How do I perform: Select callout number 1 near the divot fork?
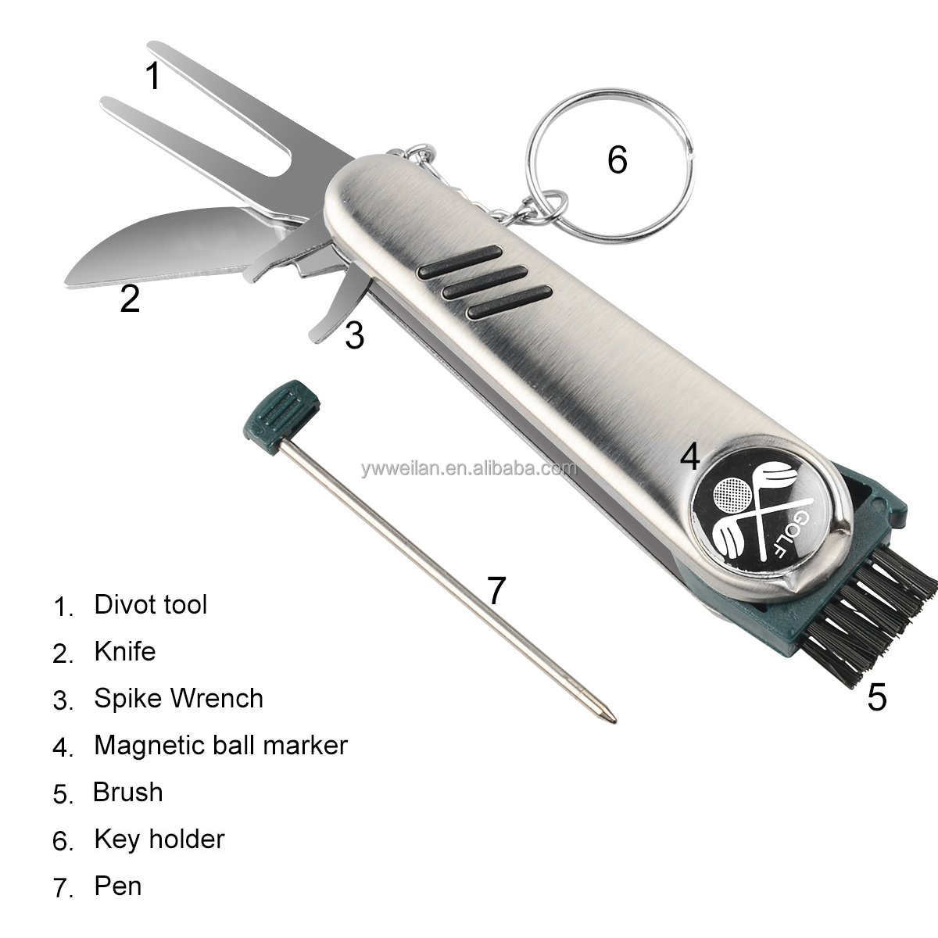(x=153, y=76)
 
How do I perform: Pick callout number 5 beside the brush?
(x=877, y=697)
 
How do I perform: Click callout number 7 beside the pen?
(x=496, y=590)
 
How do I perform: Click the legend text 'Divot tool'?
(x=150, y=604)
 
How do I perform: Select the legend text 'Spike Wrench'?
(x=179, y=699)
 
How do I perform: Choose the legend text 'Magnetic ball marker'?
(x=221, y=745)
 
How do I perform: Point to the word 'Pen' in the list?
(x=118, y=886)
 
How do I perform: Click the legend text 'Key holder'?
(x=159, y=840)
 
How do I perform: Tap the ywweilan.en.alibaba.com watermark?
(x=469, y=469)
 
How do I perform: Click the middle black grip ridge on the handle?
(x=485, y=282)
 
